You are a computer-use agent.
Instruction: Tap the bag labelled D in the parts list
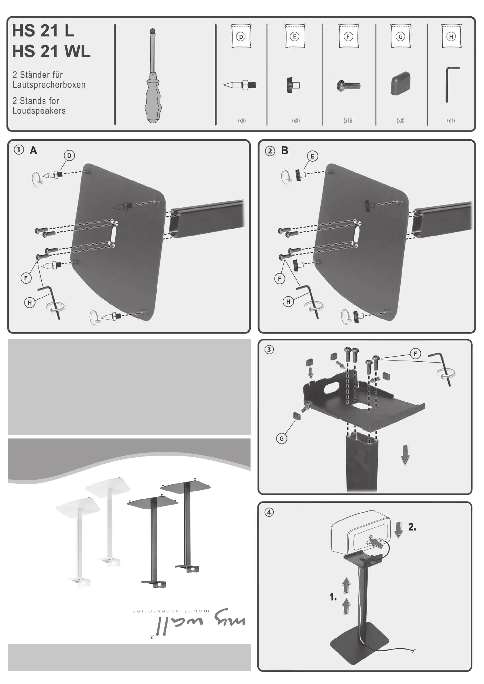coord(241,36)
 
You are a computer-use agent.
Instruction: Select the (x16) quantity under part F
coord(348,121)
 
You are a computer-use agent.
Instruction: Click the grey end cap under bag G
coord(400,83)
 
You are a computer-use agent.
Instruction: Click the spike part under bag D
coord(240,85)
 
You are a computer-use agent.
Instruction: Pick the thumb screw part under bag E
coord(293,85)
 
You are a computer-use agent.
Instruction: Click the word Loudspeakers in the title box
coord(39,111)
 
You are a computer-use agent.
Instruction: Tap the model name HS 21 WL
coord(51,51)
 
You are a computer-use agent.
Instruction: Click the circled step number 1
coord(19,150)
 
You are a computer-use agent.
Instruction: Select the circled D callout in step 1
coord(69,155)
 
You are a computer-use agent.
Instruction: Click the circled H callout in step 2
coord(288,302)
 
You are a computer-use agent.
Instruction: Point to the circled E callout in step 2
coord(312,156)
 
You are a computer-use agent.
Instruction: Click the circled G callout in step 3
coord(281,438)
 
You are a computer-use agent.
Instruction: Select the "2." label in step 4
coord(412,527)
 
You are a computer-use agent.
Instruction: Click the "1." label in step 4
coord(333,597)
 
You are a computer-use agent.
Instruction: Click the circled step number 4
coord(269,512)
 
